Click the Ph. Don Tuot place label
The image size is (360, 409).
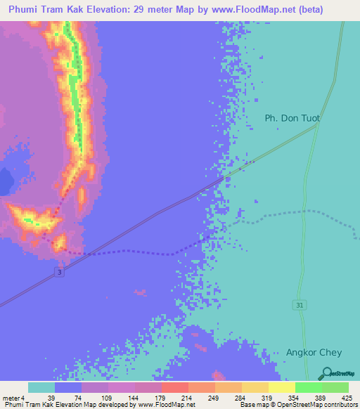[292, 118]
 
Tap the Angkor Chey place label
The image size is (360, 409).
[312, 352]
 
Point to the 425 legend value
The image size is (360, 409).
[347, 398]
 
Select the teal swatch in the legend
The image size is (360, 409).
[41, 387]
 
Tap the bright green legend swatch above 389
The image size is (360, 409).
[307, 387]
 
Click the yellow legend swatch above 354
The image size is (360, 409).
[281, 387]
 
